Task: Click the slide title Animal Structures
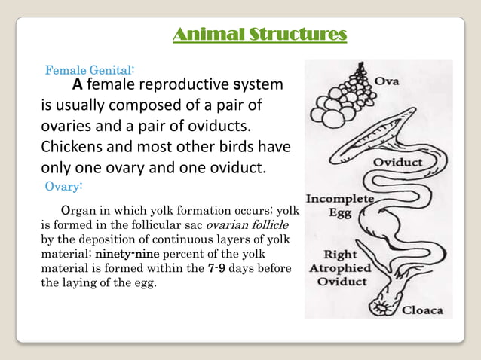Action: [260, 34]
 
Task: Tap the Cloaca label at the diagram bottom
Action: [422, 310]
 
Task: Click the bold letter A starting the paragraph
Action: [77, 84]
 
